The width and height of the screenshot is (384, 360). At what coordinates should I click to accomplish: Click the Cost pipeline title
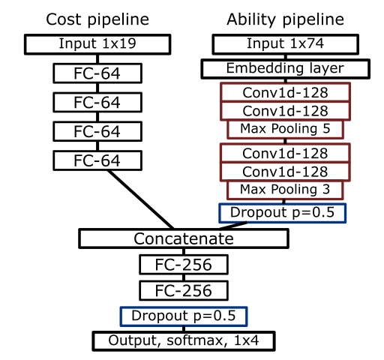point(97,20)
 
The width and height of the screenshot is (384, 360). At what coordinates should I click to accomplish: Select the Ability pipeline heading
point(285,20)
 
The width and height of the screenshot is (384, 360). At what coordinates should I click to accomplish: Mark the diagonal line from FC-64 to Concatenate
point(141,199)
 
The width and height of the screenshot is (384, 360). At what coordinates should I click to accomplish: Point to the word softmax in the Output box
point(197,340)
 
